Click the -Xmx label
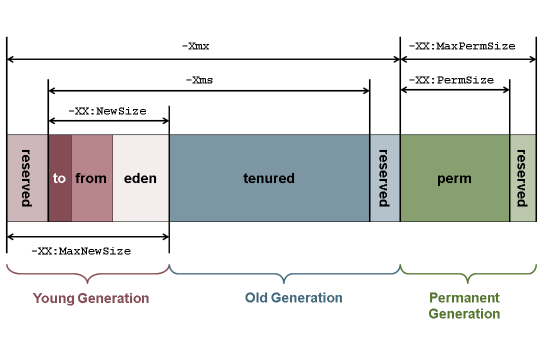click(x=196, y=46)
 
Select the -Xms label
click(x=200, y=80)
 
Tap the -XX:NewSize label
click(x=107, y=110)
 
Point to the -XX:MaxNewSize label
click(x=81, y=251)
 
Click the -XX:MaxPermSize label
click(x=462, y=46)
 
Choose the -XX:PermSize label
click(x=451, y=80)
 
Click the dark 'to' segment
click(x=60, y=178)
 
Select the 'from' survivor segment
click(x=91, y=178)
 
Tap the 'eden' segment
click(x=141, y=178)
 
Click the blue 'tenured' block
click(x=269, y=178)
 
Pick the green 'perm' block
click(x=454, y=179)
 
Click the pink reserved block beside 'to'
click(x=27, y=178)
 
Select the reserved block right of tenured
click(x=384, y=178)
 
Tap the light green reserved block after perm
click(x=522, y=178)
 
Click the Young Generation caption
click(x=91, y=298)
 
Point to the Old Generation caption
click(x=294, y=297)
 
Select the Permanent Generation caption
click(x=464, y=306)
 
